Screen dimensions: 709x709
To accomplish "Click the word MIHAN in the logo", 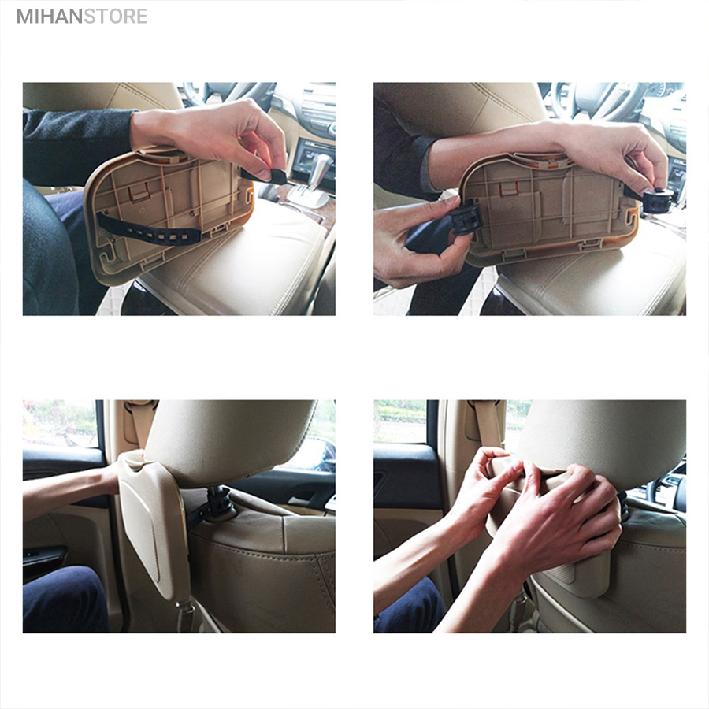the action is tap(50, 17).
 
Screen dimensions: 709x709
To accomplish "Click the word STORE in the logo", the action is tap(116, 17).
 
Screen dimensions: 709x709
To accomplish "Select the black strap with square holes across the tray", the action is tap(150, 228).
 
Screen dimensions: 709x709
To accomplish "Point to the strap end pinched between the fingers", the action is tap(264, 175).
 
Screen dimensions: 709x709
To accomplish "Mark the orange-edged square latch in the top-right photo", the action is tap(510, 188).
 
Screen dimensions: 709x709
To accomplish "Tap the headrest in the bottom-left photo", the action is tap(230, 441).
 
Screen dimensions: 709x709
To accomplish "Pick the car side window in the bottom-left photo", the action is tap(60, 424).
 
